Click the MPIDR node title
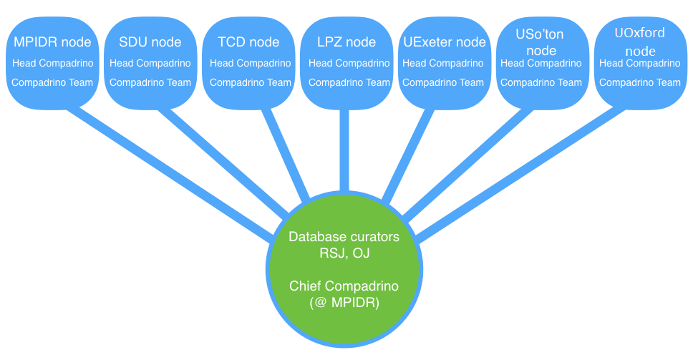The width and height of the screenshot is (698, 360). point(52,42)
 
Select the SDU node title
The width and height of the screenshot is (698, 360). point(150,42)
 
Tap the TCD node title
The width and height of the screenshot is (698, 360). point(248,42)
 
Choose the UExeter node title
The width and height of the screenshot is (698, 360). point(444,42)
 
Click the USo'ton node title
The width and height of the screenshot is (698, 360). point(541,42)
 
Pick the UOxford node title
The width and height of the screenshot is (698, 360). point(639,41)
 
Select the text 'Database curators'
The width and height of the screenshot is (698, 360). point(344,236)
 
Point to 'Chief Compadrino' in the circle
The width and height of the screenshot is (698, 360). point(344,286)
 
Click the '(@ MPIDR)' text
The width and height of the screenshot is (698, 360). point(344,302)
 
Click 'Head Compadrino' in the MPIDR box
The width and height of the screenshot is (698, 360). point(52,64)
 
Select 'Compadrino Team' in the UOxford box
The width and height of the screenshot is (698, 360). point(639,82)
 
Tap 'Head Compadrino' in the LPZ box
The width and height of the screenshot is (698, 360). point(349,64)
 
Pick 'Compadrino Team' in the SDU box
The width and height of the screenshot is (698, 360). point(150,82)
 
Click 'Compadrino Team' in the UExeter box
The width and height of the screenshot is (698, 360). point(444,82)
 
